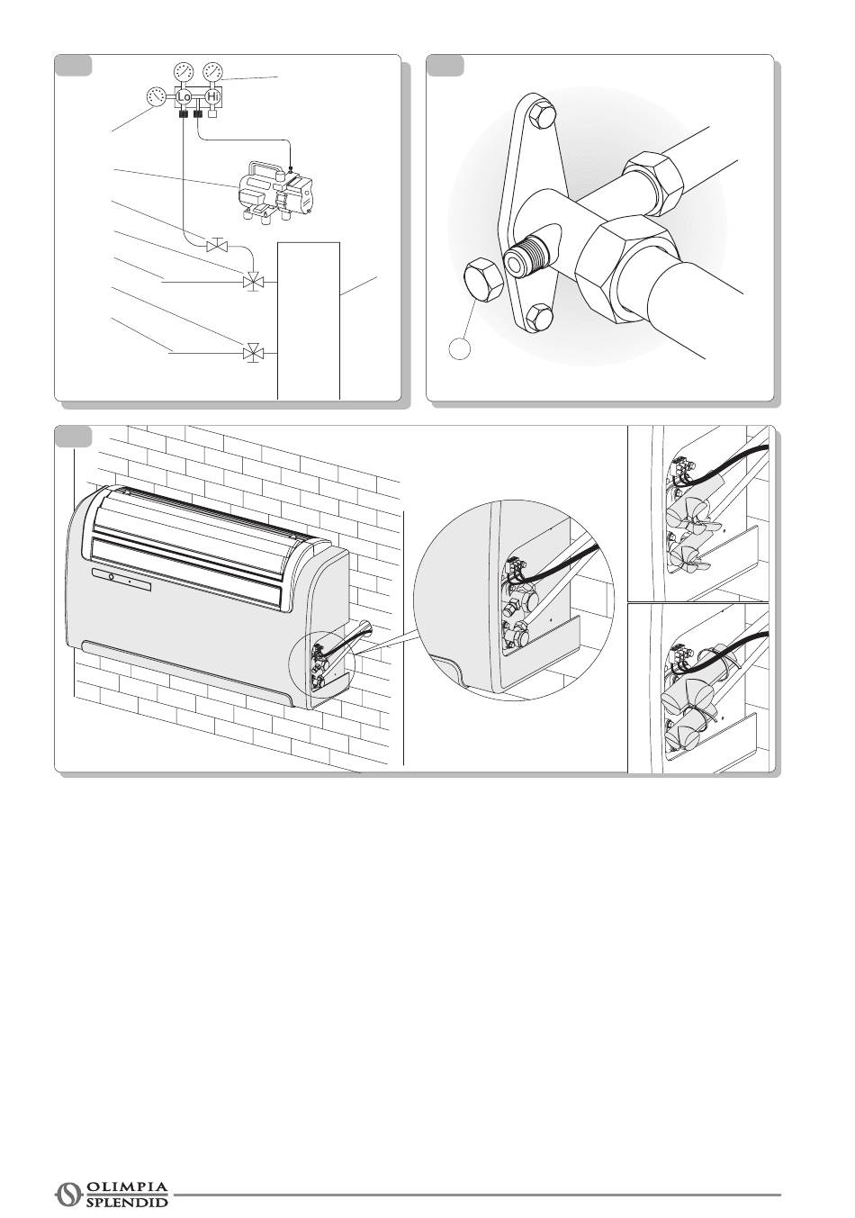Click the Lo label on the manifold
coord(184,97)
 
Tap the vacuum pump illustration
coord(276,190)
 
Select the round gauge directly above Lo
coord(184,71)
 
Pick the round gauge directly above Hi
coord(212,71)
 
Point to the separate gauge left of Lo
coord(157,97)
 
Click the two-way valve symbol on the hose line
coord(218,247)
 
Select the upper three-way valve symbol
coord(253,282)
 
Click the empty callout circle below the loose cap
coord(460,348)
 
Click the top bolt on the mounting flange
coord(542,114)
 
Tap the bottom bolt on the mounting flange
coord(541,317)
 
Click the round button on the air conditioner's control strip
coord(111,576)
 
